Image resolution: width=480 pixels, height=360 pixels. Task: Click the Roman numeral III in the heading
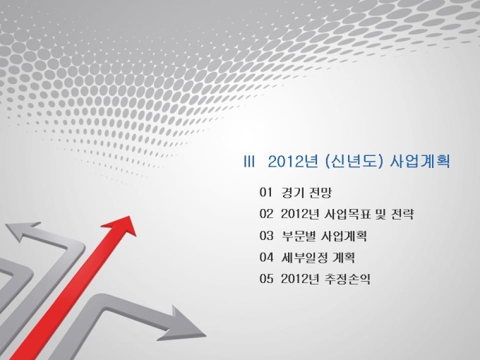249,162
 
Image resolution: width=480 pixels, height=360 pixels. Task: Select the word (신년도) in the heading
354,162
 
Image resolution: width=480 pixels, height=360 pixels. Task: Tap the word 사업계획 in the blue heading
420,162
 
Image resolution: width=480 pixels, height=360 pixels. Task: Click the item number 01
265,192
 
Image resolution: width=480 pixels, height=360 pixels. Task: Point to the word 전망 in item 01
320,192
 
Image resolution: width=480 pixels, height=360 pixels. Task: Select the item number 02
266,214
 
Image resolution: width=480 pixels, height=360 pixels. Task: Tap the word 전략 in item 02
403,214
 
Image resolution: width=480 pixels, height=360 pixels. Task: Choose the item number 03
266,235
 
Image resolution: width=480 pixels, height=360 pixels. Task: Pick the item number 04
266,257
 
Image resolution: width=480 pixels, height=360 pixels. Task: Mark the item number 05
266,279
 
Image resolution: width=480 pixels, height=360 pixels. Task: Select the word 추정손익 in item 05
347,279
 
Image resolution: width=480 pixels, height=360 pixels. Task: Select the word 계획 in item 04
344,257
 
